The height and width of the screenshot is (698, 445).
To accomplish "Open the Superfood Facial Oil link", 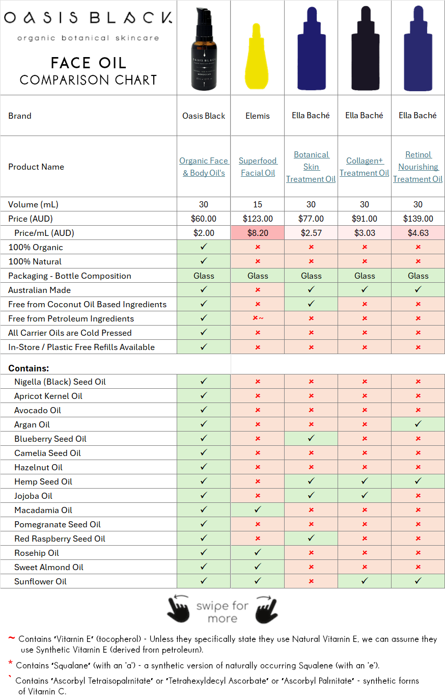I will tap(258, 167).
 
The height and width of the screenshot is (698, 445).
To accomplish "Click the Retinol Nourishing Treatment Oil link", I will tap(418, 167).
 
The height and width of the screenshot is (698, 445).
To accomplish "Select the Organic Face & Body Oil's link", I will tap(204, 167).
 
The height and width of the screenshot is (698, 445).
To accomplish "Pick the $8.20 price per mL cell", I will tap(258, 233).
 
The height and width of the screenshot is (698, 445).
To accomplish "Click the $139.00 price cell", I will tap(418, 219).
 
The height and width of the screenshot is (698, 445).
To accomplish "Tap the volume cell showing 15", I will tap(258, 204).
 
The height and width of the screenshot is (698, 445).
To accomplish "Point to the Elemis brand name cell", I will tap(258, 116).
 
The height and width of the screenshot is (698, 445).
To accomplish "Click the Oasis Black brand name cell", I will tap(204, 116).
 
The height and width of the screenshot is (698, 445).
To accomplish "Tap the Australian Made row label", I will tap(39, 290).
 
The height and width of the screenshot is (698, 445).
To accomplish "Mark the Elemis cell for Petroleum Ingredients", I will tap(258, 318).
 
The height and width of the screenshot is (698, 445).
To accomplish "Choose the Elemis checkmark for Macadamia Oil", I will tap(258, 510).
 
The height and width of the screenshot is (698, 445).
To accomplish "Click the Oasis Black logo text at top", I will tap(88, 19).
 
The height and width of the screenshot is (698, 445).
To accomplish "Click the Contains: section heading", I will tap(29, 368).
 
